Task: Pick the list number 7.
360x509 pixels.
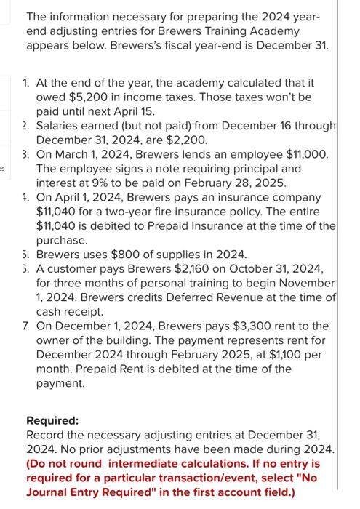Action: (x=26, y=325)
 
